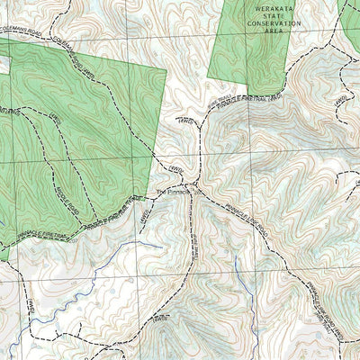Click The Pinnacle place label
(171, 191)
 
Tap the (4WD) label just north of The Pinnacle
(176, 168)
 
